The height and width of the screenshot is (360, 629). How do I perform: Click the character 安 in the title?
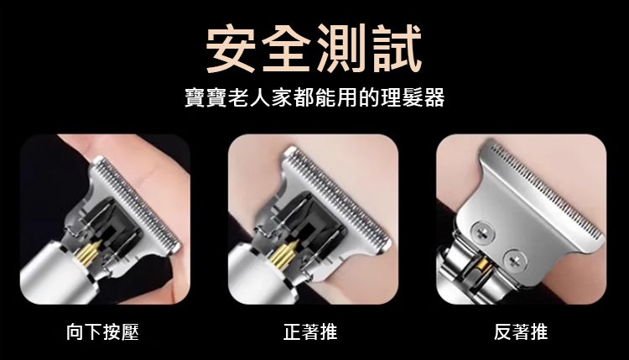click(231, 48)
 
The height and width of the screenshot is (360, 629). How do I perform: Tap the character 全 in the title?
click(287, 48)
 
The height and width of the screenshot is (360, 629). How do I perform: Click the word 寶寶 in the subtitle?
click(205, 97)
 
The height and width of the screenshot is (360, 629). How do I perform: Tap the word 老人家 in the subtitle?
click(260, 97)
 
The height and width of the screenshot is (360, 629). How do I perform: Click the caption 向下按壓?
click(102, 332)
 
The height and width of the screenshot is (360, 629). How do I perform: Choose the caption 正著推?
click(310, 332)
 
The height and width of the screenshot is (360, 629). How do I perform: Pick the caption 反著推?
click(521, 332)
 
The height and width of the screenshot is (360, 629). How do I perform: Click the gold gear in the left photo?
click(89, 253)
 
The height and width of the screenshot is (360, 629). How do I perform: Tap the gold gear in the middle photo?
click(283, 254)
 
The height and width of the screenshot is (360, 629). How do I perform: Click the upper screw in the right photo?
click(482, 232)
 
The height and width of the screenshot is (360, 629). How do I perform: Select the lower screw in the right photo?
click(514, 261)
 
